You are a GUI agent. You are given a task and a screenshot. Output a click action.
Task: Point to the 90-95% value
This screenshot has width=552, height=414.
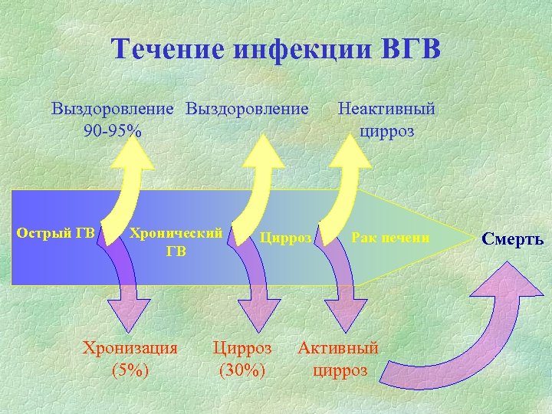coord(113,130)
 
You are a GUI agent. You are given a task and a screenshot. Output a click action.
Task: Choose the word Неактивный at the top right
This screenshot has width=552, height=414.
coord(386,109)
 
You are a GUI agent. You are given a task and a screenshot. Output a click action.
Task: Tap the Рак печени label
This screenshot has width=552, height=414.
coord(390,238)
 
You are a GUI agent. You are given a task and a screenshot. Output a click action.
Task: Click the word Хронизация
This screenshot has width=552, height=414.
coord(130,347)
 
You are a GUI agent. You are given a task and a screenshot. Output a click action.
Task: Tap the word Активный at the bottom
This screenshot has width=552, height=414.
coord(338,347)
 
